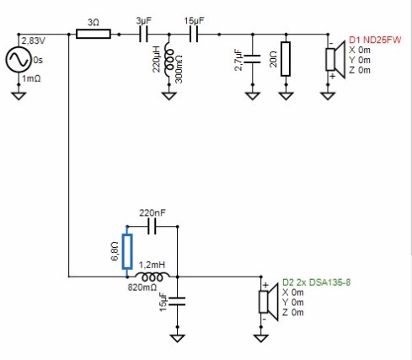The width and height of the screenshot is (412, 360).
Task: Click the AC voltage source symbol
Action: tap(19, 60)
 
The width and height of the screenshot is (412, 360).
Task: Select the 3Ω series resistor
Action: tap(94, 34)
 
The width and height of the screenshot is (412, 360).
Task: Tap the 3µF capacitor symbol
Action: tap(143, 35)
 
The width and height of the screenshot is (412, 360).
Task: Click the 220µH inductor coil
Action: tap(169, 59)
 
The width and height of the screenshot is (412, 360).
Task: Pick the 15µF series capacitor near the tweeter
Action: tap(194, 35)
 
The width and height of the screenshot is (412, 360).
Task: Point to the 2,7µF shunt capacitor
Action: tap(252, 59)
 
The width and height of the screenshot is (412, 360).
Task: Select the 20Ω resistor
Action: tap(286, 59)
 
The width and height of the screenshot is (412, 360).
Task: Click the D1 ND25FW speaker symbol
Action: tap(335, 59)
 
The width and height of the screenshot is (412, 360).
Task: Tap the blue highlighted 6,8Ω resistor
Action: tap(127, 251)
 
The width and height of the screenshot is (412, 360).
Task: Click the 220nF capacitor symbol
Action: tap(152, 226)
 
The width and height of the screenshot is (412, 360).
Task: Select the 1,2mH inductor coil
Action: tap(152, 277)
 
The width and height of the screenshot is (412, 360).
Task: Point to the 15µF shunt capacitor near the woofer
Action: tap(177, 301)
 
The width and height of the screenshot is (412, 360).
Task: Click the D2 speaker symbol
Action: tap(268, 302)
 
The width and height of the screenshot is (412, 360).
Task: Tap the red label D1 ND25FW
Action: tap(375, 40)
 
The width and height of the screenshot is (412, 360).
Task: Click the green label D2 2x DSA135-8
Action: tap(316, 282)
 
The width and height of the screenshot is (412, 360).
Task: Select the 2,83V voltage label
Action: tap(34, 41)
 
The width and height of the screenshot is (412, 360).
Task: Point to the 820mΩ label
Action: tap(142, 287)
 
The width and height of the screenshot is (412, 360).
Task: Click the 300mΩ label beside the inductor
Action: tap(179, 69)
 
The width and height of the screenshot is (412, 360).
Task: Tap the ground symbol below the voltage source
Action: tap(19, 95)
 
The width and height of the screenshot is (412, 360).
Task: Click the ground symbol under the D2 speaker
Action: tap(261, 338)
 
